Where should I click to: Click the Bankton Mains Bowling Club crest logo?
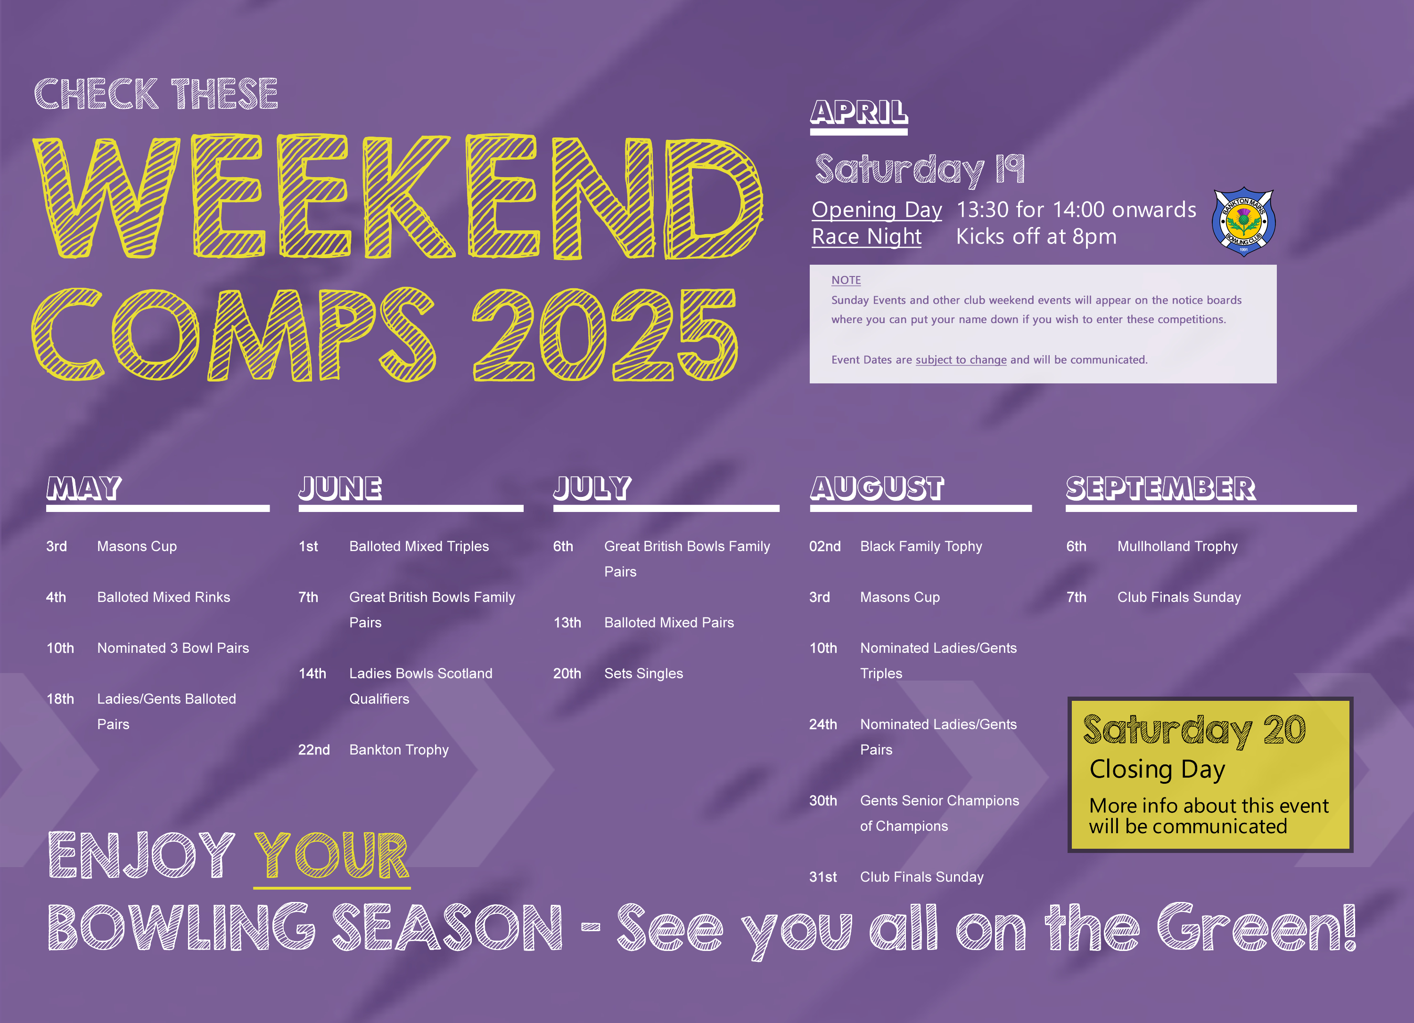tap(1243, 222)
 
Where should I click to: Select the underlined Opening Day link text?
tap(877, 210)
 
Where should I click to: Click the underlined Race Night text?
tap(867, 237)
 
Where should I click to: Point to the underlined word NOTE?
tap(846, 280)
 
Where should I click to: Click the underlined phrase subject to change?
tap(961, 360)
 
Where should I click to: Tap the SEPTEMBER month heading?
tap(1160, 488)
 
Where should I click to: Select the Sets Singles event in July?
tap(643, 674)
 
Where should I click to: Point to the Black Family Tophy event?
tap(921, 546)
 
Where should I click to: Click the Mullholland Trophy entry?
tap(1177, 546)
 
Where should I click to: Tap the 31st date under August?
tap(823, 877)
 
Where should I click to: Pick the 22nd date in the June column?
tap(313, 750)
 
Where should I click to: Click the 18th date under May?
tap(60, 699)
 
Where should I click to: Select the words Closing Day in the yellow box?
tap(1157, 770)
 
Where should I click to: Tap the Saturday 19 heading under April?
tap(919, 170)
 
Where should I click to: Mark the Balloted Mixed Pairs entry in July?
tap(669, 623)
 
